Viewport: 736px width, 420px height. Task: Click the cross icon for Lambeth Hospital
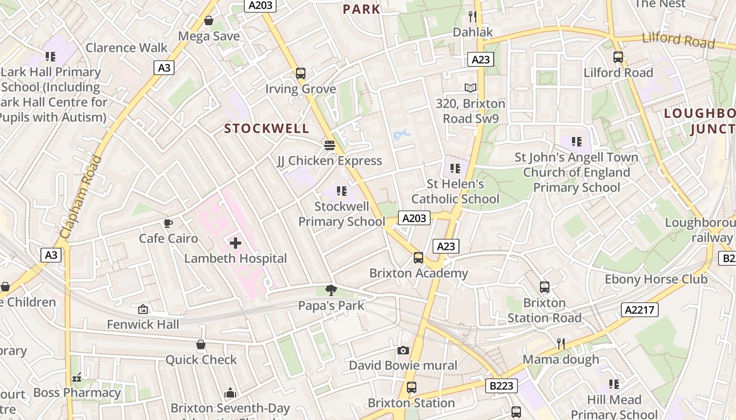click(236, 243)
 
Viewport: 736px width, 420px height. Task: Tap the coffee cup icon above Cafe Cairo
click(168, 224)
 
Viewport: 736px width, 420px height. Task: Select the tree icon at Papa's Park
click(331, 290)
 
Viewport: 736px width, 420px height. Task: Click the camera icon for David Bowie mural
click(403, 350)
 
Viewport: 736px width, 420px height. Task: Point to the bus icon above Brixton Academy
click(418, 258)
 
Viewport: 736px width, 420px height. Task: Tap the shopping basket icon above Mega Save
click(209, 21)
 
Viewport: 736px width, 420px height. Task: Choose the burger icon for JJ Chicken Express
click(330, 145)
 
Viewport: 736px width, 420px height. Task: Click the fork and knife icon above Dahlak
click(473, 17)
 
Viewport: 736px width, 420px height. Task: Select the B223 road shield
click(501, 386)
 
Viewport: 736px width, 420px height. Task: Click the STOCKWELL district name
click(267, 129)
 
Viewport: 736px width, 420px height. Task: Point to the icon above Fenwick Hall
click(142, 309)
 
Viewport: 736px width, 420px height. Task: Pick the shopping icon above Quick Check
click(201, 345)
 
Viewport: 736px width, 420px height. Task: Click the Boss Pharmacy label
click(77, 393)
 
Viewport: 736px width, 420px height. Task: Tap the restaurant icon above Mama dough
click(561, 344)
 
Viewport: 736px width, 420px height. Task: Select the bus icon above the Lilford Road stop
click(618, 57)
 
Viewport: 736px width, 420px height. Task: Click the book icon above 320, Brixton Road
click(470, 88)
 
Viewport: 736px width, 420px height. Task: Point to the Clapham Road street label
click(81, 197)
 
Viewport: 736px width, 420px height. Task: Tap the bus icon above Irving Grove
click(301, 73)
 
